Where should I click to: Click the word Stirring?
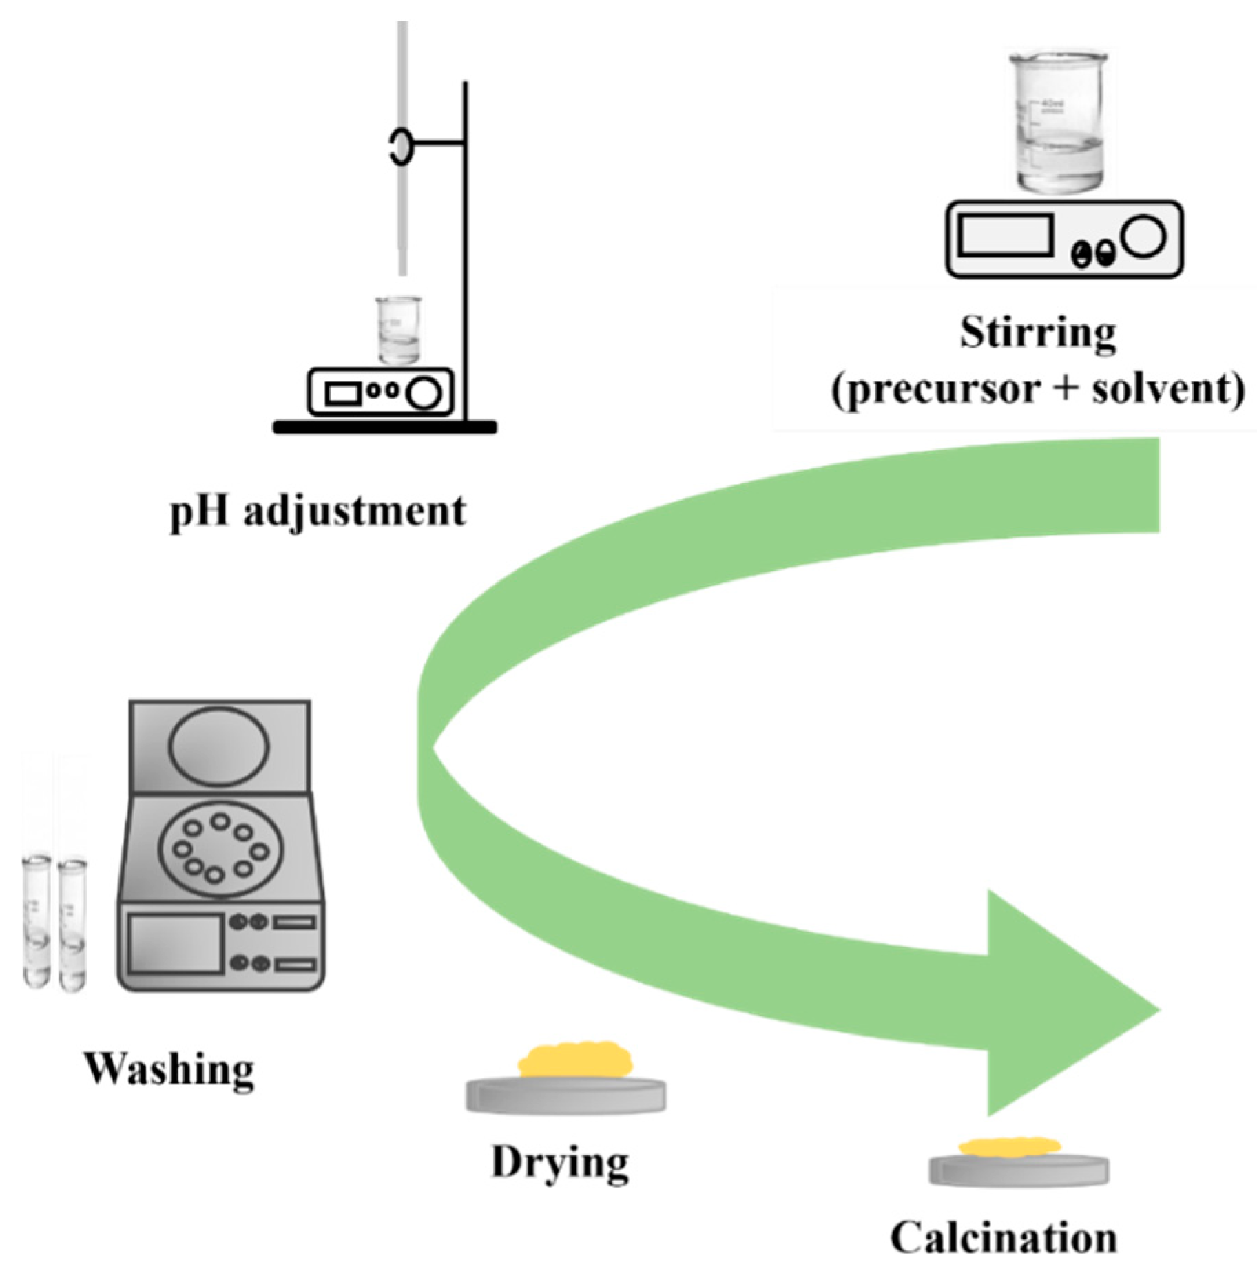point(1038,334)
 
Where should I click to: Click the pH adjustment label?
point(318,512)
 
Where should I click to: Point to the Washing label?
point(169,1071)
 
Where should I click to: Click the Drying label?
point(559,1163)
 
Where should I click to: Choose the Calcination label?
point(1004,1238)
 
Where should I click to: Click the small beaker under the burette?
point(398,330)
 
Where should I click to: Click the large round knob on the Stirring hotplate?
point(1144,235)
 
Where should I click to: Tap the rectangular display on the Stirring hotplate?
point(1006,235)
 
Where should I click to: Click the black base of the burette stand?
point(384,428)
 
